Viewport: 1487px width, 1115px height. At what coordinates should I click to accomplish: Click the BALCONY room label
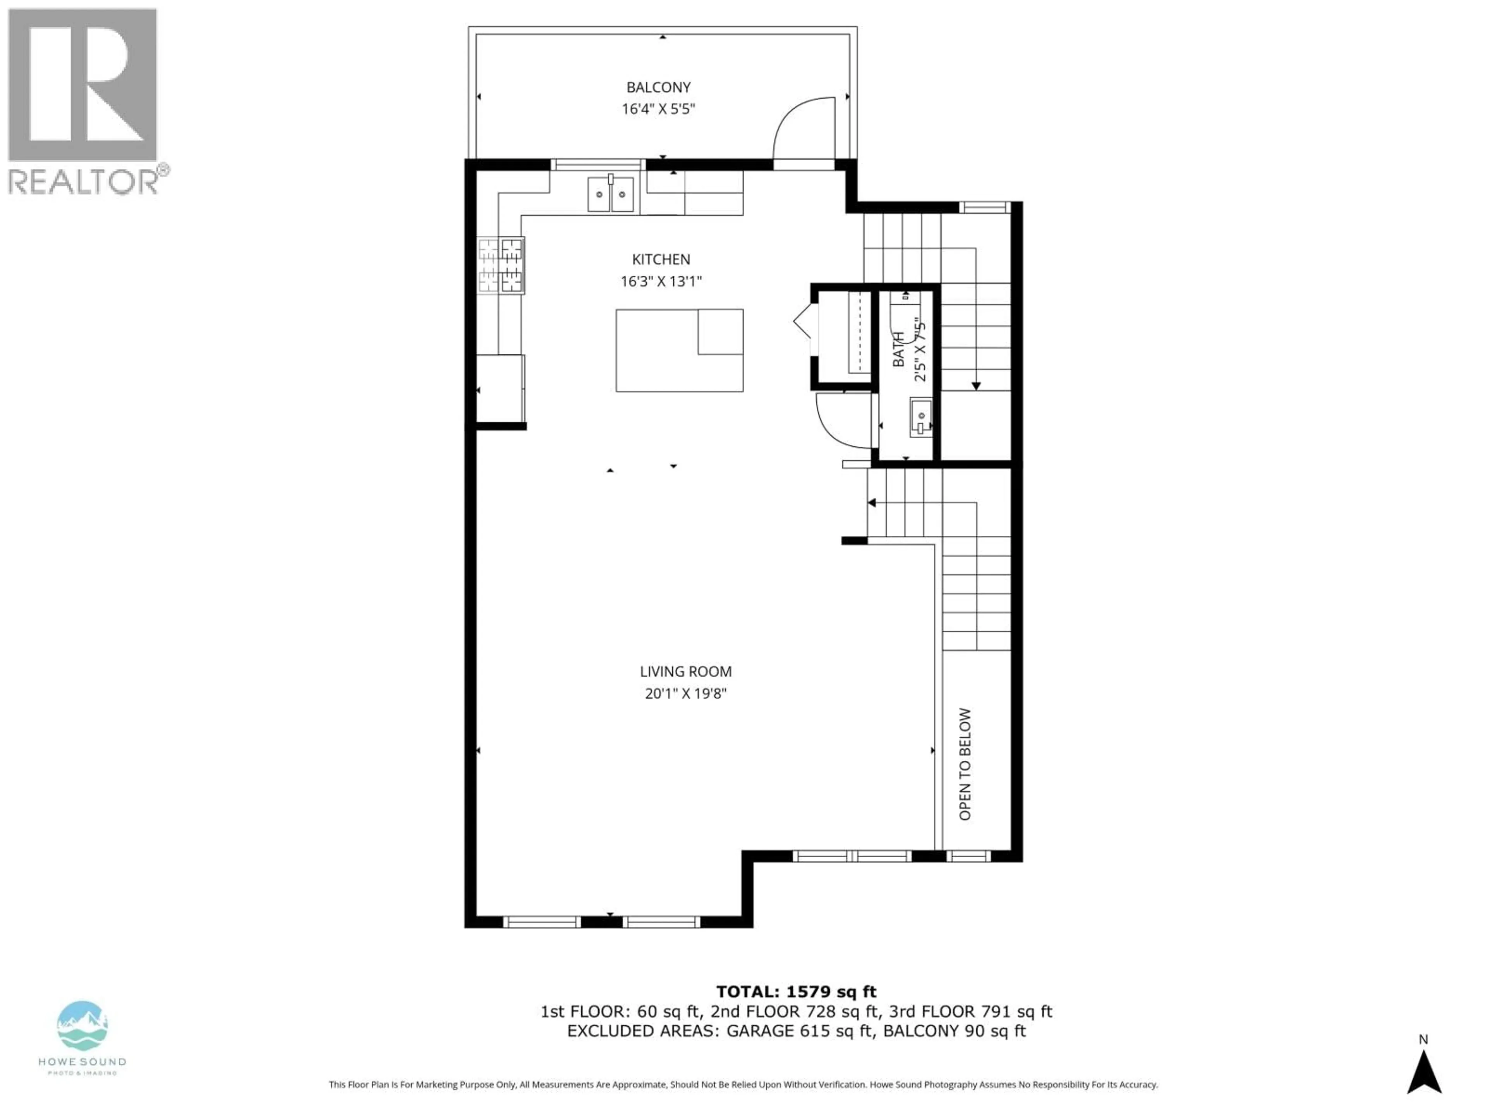click(x=658, y=87)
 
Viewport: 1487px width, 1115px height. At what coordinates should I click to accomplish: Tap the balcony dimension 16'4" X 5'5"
click(x=658, y=109)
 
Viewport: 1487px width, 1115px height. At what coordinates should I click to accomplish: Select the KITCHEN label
click(x=660, y=259)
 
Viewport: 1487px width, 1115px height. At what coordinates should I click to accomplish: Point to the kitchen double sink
click(x=610, y=194)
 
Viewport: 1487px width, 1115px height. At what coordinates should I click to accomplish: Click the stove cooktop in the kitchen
click(x=501, y=266)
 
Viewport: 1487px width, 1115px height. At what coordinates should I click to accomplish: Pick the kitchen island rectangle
click(x=679, y=350)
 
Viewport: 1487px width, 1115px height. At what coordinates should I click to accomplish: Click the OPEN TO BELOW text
click(x=965, y=764)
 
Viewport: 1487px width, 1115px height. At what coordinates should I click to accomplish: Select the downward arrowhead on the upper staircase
click(x=975, y=386)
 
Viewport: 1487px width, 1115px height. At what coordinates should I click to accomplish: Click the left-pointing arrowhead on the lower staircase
click(x=872, y=503)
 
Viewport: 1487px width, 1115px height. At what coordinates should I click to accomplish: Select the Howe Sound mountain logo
click(x=82, y=1026)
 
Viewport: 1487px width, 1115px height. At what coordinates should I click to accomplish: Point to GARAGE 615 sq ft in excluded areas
click(x=799, y=1031)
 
